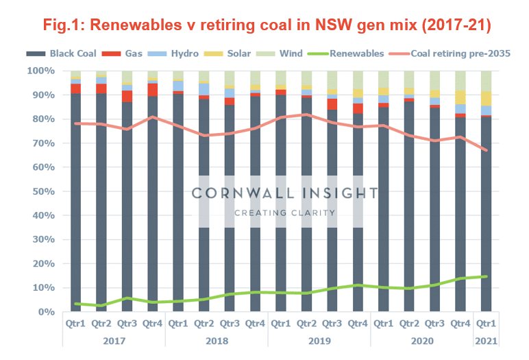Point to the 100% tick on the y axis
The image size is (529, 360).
click(x=40, y=71)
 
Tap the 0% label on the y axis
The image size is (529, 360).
click(x=46, y=312)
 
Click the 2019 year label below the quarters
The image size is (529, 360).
click(x=319, y=340)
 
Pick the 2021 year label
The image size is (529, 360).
click(x=486, y=340)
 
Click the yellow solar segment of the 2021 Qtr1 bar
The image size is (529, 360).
click(x=486, y=98)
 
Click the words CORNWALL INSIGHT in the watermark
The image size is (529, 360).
click(x=284, y=193)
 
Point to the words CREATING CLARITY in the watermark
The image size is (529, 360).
click(x=284, y=213)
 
